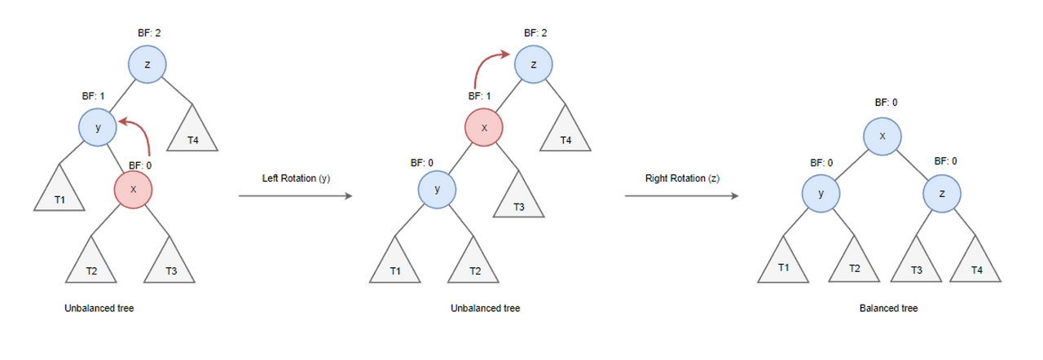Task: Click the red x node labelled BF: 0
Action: [x=134, y=190]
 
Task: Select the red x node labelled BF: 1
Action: [x=484, y=128]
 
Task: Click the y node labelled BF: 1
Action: [x=99, y=128]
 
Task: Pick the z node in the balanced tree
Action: [x=943, y=194]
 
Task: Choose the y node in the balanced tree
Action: [x=821, y=194]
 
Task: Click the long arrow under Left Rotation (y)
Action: [x=295, y=196]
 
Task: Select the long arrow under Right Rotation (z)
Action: [x=681, y=196]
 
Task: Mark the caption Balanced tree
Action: [x=888, y=310]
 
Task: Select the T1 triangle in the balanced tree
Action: [x=783, y=264]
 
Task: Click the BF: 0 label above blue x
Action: [x=886, y=103]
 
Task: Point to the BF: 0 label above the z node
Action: [x=945, y=161]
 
